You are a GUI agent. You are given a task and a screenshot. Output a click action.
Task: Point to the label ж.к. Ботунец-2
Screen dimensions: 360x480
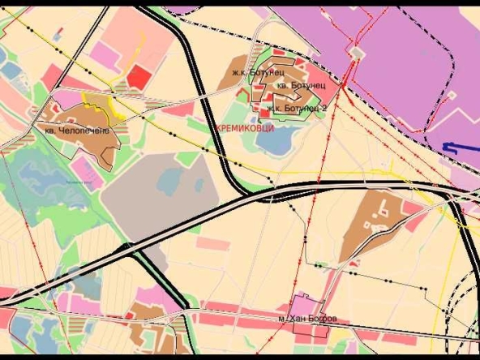click(297, 108)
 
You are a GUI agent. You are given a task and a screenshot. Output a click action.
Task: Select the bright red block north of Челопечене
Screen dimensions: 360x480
click(139, 77)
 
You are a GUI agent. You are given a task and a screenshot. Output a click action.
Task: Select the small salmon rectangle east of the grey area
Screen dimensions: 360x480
click(213, 244)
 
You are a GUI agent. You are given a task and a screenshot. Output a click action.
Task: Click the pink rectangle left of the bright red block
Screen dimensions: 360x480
click(105, 55)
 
